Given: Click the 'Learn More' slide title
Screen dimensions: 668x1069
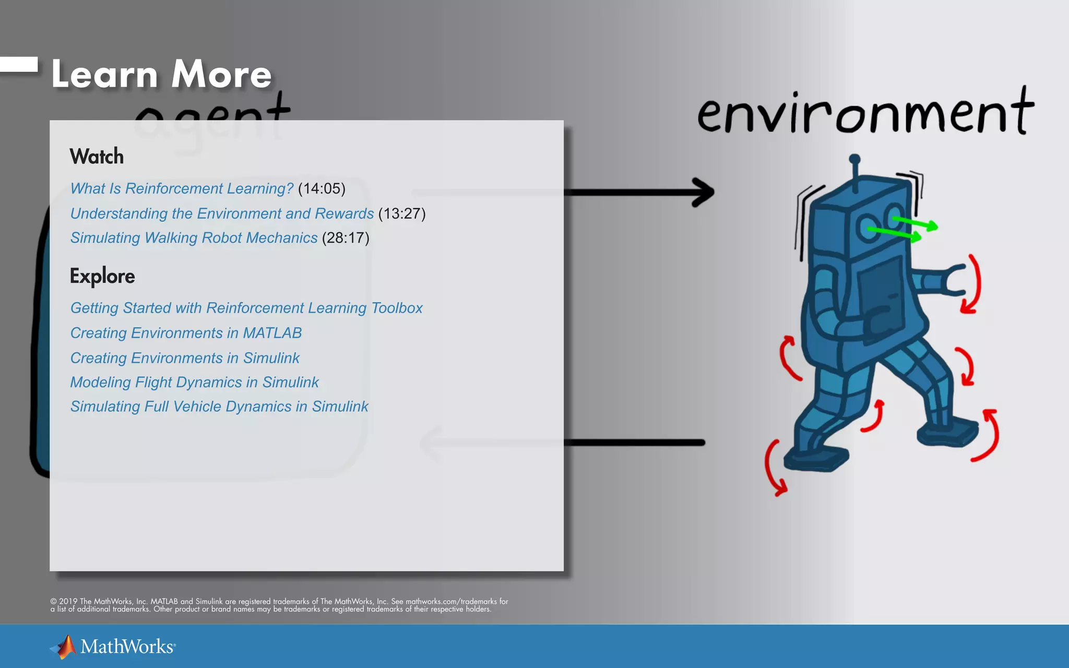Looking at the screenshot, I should click(x=162, y=74).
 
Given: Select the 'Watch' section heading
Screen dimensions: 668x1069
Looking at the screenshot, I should click(x=97, y=157).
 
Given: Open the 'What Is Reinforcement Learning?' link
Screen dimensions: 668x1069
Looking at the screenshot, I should click(x=182, y=188).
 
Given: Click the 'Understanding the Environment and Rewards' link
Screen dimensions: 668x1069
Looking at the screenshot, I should click(x=222, y=213).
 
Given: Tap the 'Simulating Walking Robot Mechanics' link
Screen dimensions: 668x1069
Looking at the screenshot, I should click(x=194, y=238).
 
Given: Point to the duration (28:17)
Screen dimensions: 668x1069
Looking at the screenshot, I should click(x=346, y=238).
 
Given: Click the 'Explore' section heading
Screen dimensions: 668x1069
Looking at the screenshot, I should click(x=102, y=276).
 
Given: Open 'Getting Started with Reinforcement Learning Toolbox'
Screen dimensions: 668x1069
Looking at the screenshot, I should click(x=246, y=308).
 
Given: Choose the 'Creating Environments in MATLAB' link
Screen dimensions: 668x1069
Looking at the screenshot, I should click(x=186, y=333).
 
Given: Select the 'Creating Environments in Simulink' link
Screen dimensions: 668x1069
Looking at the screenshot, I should click(x=185, y=358).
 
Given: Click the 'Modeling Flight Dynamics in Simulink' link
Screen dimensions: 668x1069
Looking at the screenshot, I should click(x=194, y=382).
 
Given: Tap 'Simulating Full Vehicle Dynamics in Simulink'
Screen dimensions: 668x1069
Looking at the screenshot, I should click(x=219, y=407).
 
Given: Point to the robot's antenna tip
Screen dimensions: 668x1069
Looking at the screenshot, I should click(x=854, y=159).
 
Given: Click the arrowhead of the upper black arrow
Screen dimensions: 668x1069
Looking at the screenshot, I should click(x=705, y=192).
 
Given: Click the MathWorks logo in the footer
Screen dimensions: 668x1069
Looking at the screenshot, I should click(x=113, y=647).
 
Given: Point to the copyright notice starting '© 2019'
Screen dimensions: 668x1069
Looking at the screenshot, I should click(x=279, y=605).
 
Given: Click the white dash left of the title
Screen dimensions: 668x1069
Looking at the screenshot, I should click(x=19, y=64).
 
